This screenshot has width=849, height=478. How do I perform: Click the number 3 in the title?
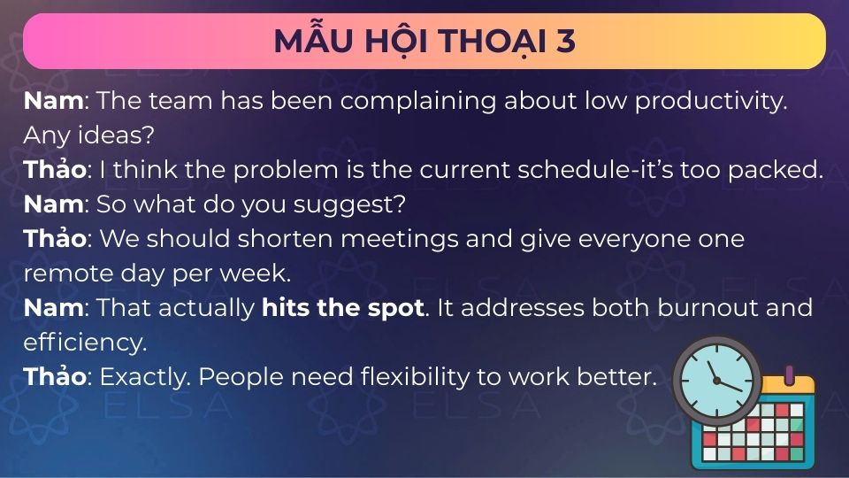[x=565, y=42]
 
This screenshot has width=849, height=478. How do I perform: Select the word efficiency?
[x=84, y=342]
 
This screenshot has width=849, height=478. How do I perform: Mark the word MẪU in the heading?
[x=307, y=42]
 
